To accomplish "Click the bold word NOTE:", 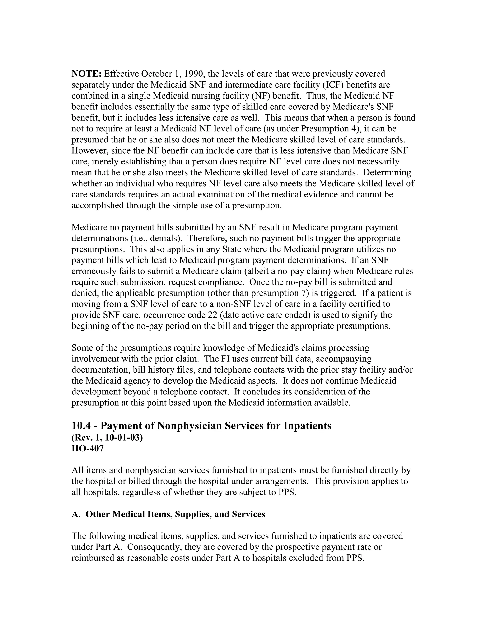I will pos(86,74).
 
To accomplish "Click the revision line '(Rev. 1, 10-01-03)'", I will pos(107,438).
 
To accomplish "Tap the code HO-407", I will pos(88,449).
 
